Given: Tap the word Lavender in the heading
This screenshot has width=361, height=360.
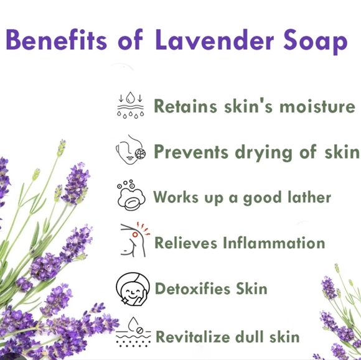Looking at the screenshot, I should [205, 42].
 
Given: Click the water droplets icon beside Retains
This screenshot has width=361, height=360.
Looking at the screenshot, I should [130, 105].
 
